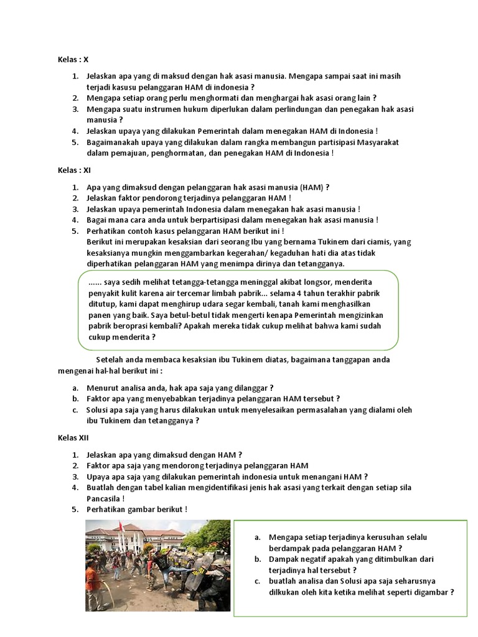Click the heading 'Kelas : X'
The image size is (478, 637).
(x=73, y=60)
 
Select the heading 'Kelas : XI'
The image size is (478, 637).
(x=75, y=170)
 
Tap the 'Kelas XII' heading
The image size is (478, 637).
(x=74, y=438)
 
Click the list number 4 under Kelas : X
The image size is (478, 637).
(x=74, y=131)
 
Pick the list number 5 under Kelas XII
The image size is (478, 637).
(x=74, y=509)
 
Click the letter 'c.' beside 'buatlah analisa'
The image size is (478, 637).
(x=258, y=581)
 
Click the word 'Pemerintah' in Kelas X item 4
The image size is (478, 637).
(x=219, y=131)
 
